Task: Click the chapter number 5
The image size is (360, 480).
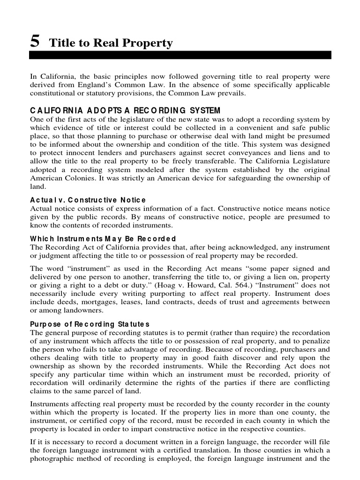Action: coord(34,42)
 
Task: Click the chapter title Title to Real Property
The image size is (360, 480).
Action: coord(111,44)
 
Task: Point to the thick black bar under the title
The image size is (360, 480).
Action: coord(180,55)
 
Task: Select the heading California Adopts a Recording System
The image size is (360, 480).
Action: coord(125,111)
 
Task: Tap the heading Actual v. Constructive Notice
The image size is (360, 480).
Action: coord(88,200)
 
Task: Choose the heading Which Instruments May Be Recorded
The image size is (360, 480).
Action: coord(103,239)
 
